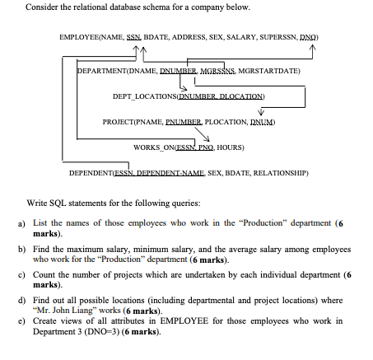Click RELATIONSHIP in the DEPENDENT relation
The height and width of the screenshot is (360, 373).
279,173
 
